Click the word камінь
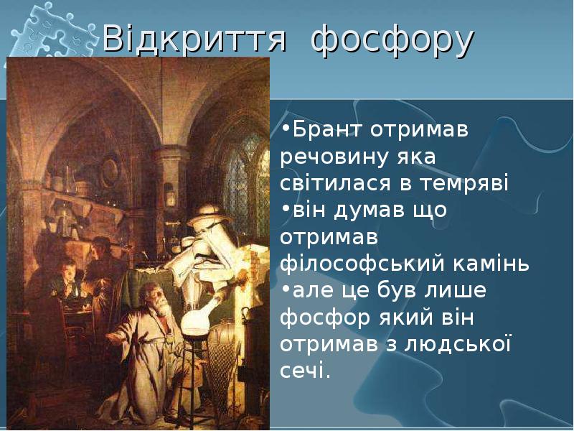(491, 264)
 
